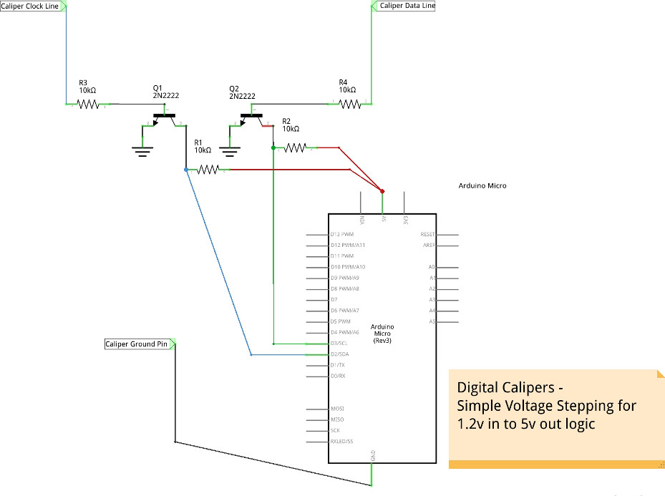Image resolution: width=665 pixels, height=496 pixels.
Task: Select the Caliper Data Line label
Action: pyautogui.click(x=406, y=6)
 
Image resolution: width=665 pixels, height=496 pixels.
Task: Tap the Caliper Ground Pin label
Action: pyautogui.click(x=137, y=344)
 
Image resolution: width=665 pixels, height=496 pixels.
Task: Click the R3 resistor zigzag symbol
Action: pyautogui.click(x=87, y=104)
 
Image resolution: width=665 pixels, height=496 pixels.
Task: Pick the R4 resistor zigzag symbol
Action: pyautogui.click(x=349, y=104)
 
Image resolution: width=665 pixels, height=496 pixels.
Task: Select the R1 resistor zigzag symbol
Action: pyautogui.click(x=208, y=170)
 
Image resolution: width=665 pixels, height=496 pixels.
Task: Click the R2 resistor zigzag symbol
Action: pyautogui.click(x=295, y=148)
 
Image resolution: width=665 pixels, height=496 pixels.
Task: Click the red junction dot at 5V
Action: pyautogui.click(x=382, y=191)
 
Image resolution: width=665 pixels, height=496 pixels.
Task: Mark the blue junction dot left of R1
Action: pyautogui.click(x=186, y=170)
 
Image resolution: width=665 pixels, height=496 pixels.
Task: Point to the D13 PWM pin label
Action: pyautogui.click(x=342, y=234)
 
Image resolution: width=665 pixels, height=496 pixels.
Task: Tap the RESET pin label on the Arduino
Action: pyautogui.click(x=427, y=234)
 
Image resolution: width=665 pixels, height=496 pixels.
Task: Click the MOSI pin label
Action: pyautogui.click(x=337, y=409)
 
